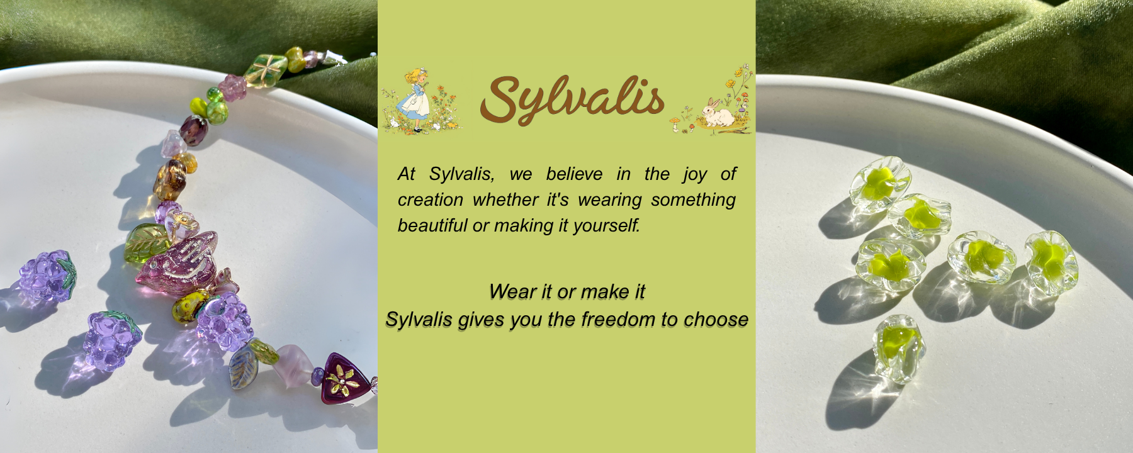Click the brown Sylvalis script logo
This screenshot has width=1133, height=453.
[572, 99]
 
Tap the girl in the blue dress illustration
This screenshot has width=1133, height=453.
[415, 99]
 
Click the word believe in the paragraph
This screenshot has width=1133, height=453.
[574, 174]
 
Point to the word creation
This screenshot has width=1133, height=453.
[431, 199]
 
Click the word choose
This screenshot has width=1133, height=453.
[716, 319]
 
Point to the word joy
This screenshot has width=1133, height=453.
[695, 174]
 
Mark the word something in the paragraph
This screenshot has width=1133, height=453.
[693, 200]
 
